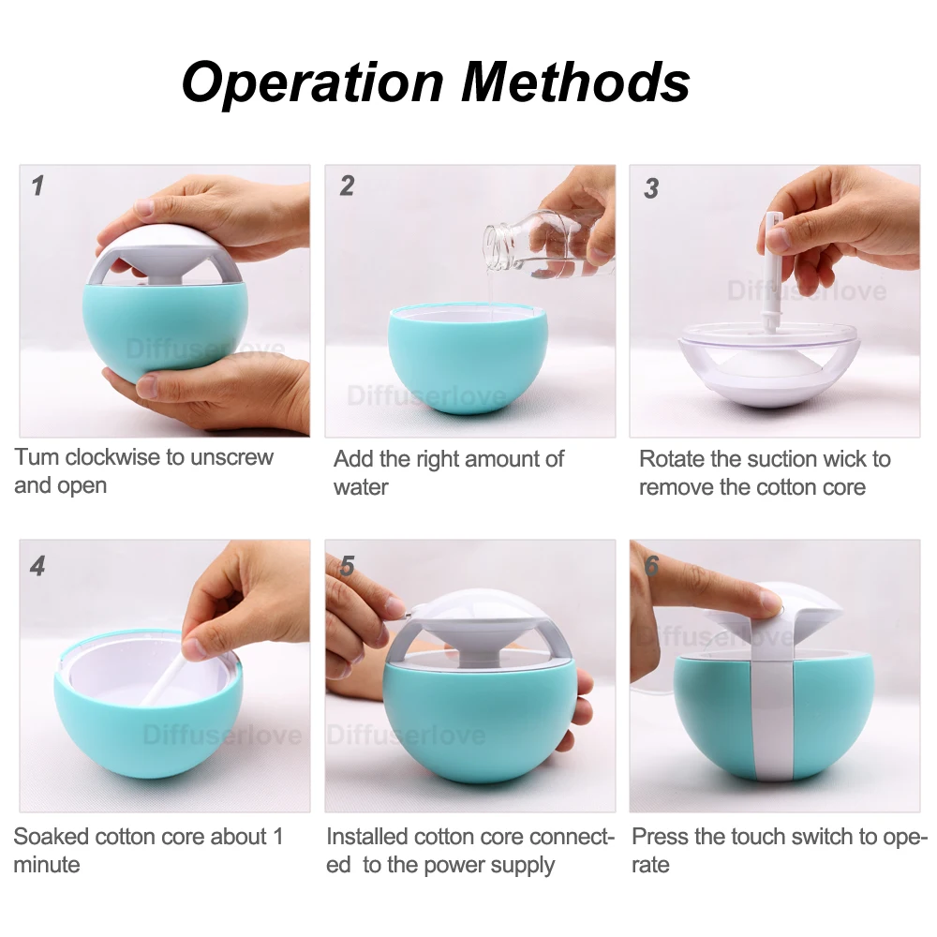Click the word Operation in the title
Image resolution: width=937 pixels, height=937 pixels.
tap(313, 82)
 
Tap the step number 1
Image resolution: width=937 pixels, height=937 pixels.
tap(38, 186)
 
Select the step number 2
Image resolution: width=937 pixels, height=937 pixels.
tap(347, 186)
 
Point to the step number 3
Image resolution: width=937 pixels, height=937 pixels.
tap(651, 188)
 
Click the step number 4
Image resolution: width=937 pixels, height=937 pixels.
tap(37, 566)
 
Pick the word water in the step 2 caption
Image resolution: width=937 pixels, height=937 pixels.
tap(361, 487)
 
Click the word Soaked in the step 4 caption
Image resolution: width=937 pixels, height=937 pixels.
tap(52, 837)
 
